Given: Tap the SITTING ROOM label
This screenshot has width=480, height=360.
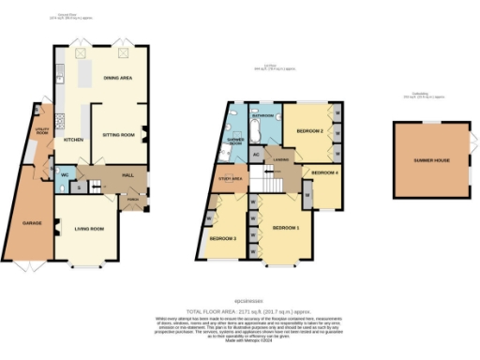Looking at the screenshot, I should pos(116,135).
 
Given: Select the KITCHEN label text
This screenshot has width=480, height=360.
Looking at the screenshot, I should pos(73,140).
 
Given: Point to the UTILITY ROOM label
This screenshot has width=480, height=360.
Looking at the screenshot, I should pos(42,131).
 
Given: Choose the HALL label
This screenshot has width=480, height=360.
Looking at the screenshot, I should pos(115,173).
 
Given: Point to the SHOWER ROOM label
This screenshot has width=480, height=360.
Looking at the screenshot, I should pos(235,142).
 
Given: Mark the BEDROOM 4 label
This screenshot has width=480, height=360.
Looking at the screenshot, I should pos(324,173).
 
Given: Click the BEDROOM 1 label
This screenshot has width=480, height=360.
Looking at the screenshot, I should pos(287,228).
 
